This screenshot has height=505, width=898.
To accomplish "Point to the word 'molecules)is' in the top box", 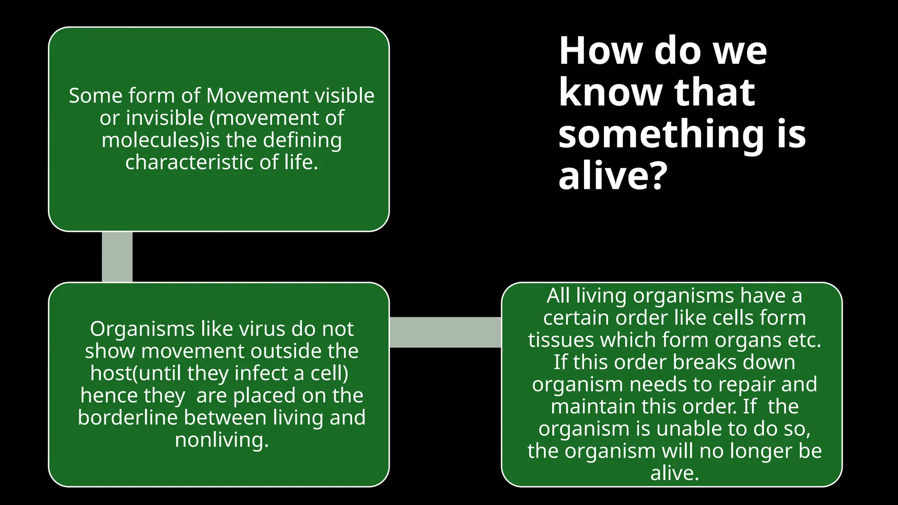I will click(x=160, y=140).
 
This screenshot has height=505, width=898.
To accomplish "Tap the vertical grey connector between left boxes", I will click(x=117, y=257).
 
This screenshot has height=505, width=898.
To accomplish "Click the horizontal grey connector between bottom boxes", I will click(x=445, y=332).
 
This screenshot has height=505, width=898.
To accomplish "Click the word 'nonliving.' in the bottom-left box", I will click(x=221, y=440).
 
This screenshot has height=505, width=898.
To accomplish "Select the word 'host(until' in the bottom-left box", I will click(x=135, y=373).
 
